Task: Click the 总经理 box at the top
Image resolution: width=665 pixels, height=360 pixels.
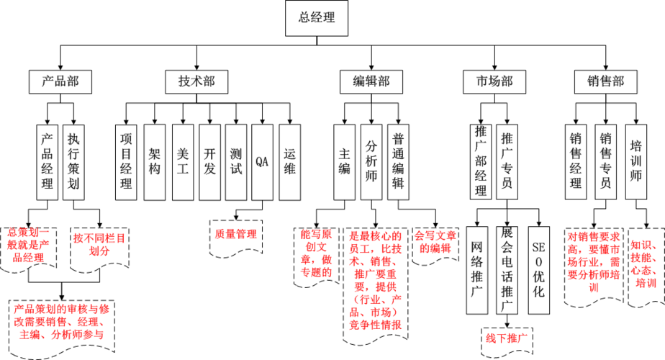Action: point(317,18)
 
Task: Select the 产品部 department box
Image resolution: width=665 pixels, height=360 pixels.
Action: point(60,81)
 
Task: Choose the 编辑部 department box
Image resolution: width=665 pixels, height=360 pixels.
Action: point(371,81)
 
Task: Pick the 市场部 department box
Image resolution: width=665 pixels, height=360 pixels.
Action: point(494,81)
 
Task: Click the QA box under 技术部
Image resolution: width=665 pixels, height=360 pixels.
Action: point(262,161)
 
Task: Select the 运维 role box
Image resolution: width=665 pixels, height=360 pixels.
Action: point(289,161)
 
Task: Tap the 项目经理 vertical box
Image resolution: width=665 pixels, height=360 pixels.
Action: point(126,161)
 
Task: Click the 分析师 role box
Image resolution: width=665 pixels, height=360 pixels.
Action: point(371,161)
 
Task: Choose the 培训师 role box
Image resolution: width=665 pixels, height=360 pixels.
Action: point(635,161)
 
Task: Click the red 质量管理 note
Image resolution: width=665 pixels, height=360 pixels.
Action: point(236,234)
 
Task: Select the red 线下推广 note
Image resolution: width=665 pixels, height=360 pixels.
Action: point(507,337)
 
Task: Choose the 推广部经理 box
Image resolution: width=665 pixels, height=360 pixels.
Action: point(481,161)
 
